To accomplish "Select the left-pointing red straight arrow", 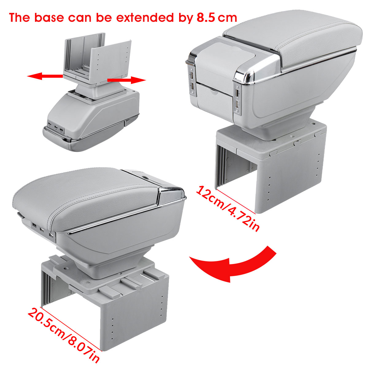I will tap(45, 76).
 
